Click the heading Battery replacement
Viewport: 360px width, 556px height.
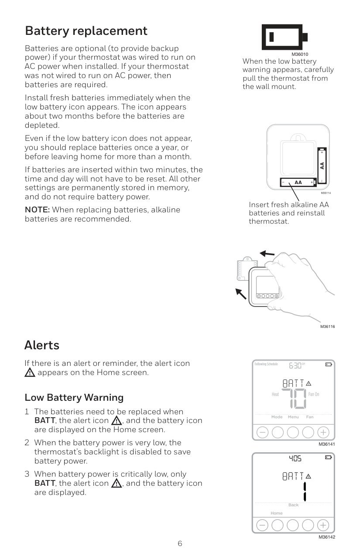(86, 31)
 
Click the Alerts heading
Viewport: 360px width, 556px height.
(42, 345)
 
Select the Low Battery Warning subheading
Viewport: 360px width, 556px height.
(74, 397)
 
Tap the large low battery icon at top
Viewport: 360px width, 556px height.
(285, 37)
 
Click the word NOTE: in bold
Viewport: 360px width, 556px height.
(37, 210)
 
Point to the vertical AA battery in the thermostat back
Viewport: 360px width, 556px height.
(322, 166)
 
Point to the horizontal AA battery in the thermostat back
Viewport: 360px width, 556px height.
(298, 182)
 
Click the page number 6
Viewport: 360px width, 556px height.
(180, 543)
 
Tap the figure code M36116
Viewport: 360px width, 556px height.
(328, 327)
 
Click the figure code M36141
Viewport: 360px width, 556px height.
(327, 444)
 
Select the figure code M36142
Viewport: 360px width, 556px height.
(327, 537)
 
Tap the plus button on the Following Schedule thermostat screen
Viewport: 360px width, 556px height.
(323, 432)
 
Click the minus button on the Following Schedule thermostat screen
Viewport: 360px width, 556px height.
(262, 432)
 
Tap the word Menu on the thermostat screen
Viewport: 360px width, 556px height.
(293, 417)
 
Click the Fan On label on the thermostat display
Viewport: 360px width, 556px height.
(314, 394)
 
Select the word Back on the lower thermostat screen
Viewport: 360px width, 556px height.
(294, 505)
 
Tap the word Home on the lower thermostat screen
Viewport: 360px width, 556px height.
(276, 513)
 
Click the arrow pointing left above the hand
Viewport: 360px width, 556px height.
(267, 253)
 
